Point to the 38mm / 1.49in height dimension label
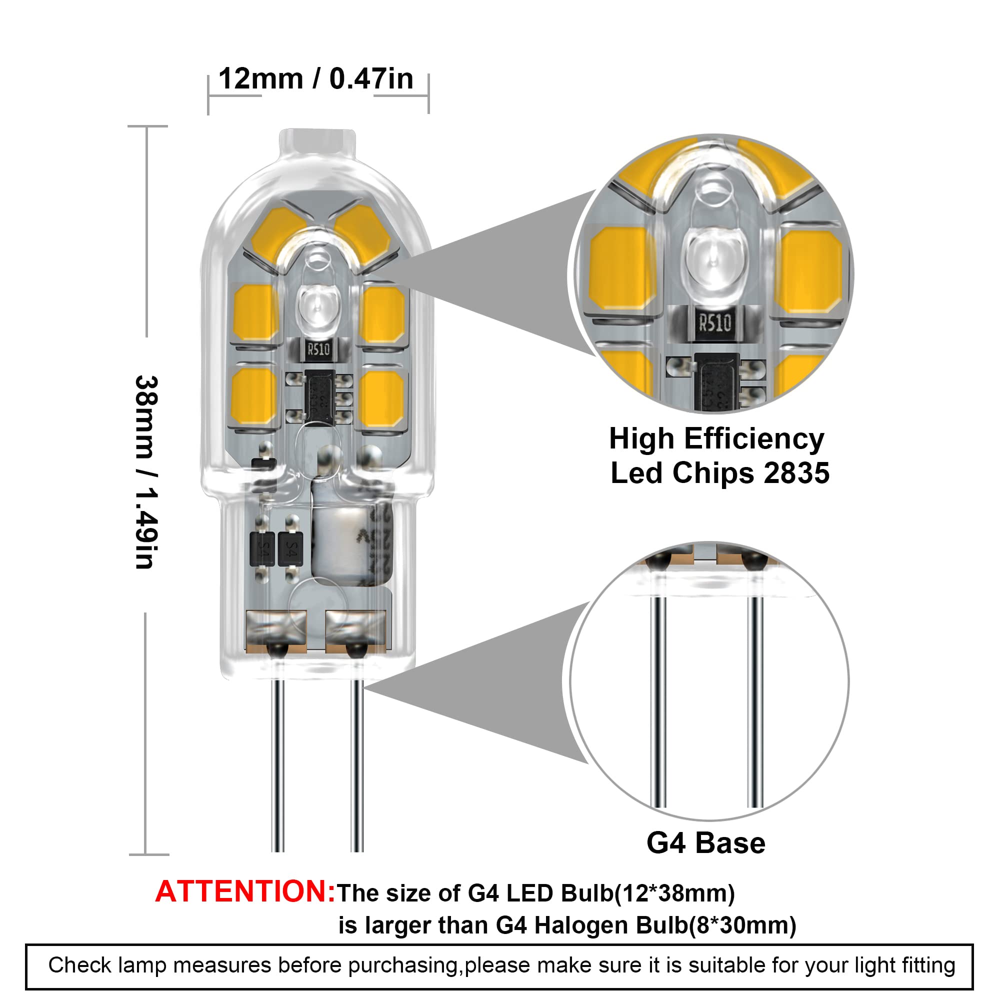pos(146,472)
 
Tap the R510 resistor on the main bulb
pos(318,350)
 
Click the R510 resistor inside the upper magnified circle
pos(715,323)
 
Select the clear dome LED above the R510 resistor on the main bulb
pos(317,308)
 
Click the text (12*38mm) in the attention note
pos(674,893)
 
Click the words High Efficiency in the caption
pos(716,439)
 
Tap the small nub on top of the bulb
pos(317,141)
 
